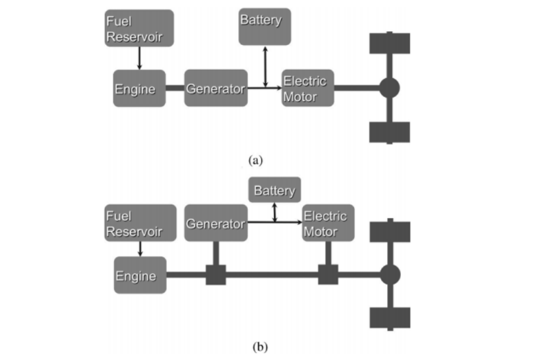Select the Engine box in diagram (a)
click(x=139, y=88)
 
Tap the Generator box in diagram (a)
click(x=216, y=88)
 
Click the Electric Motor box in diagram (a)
click(x=308, y=88)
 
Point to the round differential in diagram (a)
click(x=390, y=88)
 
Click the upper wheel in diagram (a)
click(x=390, y=44)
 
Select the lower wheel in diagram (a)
click(x=390, y=132)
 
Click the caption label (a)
click(x=255, y=160)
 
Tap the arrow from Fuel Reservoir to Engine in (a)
click(x=139, y=59)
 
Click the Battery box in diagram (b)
click(x=274, y=191)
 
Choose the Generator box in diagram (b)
click(x=216, y=223)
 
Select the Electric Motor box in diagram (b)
click(x=328, y=223)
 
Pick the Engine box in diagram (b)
click(x=140, y=275)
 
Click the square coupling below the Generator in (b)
click(x=216, y=275)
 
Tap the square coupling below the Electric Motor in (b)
click(x=328, y=275)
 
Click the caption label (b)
click(x=260, y=347)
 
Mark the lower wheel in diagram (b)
click(x=390, y=318)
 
